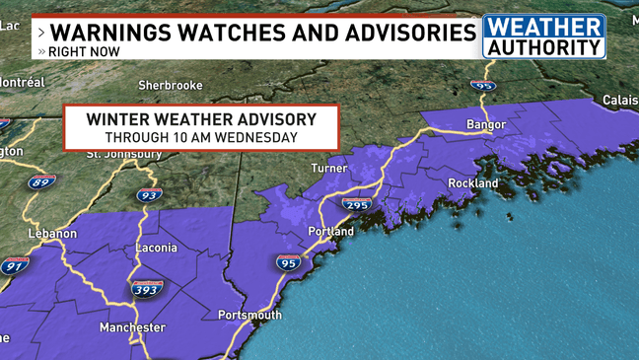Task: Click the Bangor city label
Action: tap(485, 125)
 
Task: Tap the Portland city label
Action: tap(330, 232)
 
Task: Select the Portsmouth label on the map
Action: tap(249, 315)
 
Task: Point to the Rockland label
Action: tap(473, 183)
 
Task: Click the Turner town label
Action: tap(329, 169)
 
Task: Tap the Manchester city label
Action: tap(132, 327)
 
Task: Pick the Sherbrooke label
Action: tap(170, 87)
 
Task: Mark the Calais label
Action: tap(620, 101)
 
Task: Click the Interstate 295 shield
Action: tap(357, 204)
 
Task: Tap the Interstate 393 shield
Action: tap(146, 289)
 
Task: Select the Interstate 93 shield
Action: tap(149, 195)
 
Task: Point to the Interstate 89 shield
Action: tap(41, 182)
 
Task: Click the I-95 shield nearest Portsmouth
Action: tap(288, 263)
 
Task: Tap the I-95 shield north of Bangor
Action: tap(482, 86)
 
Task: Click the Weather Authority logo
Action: tap(543, 36)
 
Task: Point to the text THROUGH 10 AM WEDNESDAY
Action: tap(201, 138)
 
